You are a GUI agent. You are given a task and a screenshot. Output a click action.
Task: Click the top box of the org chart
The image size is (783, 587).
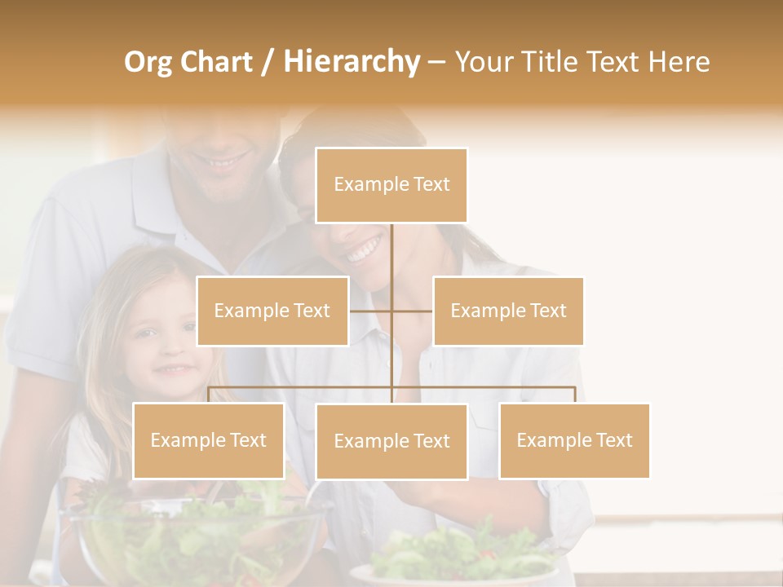click(391, 185)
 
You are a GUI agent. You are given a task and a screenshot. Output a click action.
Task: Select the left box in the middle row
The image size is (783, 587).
click(272, 311)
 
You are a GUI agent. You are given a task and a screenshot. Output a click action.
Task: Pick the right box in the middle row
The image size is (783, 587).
click(508, 311)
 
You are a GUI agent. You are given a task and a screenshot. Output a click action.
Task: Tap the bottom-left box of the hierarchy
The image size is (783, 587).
click(209, 440)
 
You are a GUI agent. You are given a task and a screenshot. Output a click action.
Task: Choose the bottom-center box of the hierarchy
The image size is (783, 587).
click(391, 441)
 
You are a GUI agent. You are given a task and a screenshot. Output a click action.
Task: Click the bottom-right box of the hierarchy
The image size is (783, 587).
click(574, 440)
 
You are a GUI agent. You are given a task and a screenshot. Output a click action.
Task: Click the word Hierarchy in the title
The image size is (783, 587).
click(352, 62)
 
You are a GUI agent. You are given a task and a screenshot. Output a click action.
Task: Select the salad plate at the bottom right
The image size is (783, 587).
click(457, 563)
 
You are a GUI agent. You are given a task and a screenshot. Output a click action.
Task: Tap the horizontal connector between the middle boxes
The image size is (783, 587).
click(391, 311)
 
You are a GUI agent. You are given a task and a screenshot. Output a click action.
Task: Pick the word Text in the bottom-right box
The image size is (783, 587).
click(614, 440)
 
